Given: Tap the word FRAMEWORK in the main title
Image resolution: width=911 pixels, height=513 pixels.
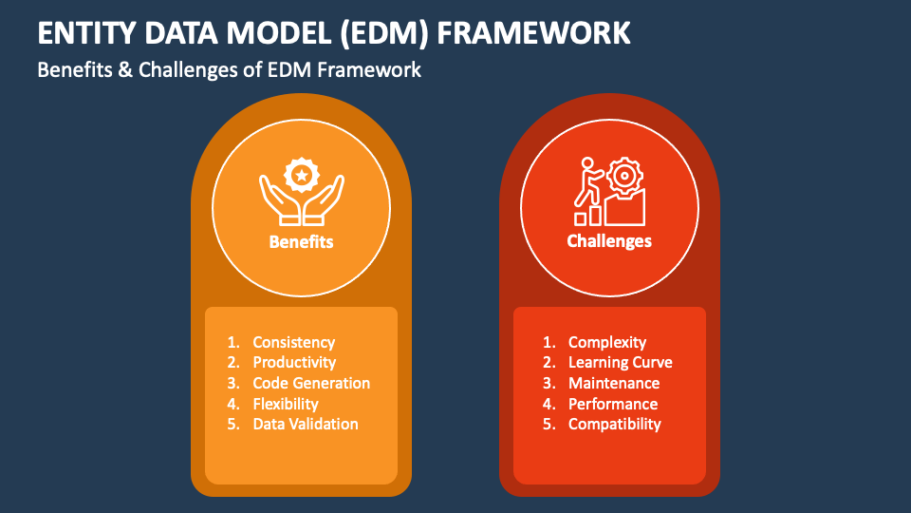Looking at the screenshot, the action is coord(533,32).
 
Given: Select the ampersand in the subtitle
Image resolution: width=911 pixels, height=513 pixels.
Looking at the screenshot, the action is coord(125,69).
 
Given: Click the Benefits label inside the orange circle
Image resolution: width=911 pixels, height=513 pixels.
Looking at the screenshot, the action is coord(301,241).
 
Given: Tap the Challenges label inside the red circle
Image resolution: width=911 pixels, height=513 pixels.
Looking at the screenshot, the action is coord(609,240).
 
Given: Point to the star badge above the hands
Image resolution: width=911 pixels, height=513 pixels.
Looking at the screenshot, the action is coord(302,175).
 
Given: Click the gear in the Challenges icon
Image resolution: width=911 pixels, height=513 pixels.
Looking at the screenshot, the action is coord(624,175).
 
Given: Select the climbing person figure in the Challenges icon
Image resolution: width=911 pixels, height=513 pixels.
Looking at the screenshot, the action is coord(588,181).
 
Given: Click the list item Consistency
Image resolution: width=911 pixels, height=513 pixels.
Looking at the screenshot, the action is coord(294,343).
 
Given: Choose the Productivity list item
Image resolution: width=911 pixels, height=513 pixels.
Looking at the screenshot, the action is coord(294,362).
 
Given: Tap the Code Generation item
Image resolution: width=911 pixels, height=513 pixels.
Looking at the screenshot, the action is coord(311,383).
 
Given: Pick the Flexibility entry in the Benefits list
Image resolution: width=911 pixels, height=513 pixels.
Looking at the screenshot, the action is coord(286,404).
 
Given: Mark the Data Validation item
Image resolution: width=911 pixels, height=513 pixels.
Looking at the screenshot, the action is coord(306,424).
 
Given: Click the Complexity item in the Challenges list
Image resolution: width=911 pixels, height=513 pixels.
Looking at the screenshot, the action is coord(607,343).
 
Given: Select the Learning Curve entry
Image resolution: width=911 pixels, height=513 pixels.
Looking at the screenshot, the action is coord(620,362).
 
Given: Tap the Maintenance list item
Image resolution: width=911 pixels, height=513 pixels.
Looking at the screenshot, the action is coord(614,383).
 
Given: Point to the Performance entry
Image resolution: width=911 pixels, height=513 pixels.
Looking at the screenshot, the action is coord(613,404).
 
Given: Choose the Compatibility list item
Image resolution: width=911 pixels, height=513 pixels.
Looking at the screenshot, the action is coord(615,424).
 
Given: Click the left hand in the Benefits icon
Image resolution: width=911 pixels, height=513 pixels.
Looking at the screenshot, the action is coord(280,200).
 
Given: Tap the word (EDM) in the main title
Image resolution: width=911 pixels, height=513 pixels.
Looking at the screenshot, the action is coord(383,33).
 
